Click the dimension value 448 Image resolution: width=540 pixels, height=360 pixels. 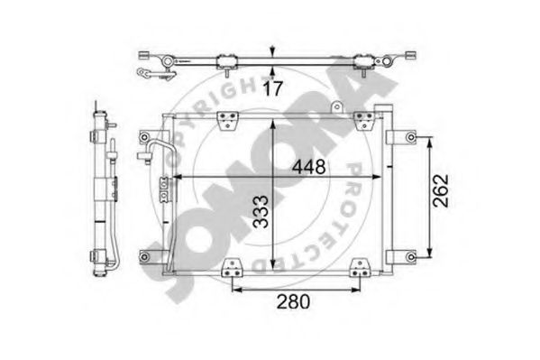308,167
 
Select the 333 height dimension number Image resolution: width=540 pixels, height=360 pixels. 261,212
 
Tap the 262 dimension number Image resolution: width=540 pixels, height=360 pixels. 441,190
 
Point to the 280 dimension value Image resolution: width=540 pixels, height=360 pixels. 293,301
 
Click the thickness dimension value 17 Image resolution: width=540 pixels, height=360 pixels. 273,88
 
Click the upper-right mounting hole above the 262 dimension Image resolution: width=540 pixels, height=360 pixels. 411,137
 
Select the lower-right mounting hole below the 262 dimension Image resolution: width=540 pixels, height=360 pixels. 411,257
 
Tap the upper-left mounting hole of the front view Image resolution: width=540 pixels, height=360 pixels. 144,137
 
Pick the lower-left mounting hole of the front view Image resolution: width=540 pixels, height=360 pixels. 144,257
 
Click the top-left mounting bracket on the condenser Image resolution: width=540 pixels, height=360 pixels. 228,120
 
